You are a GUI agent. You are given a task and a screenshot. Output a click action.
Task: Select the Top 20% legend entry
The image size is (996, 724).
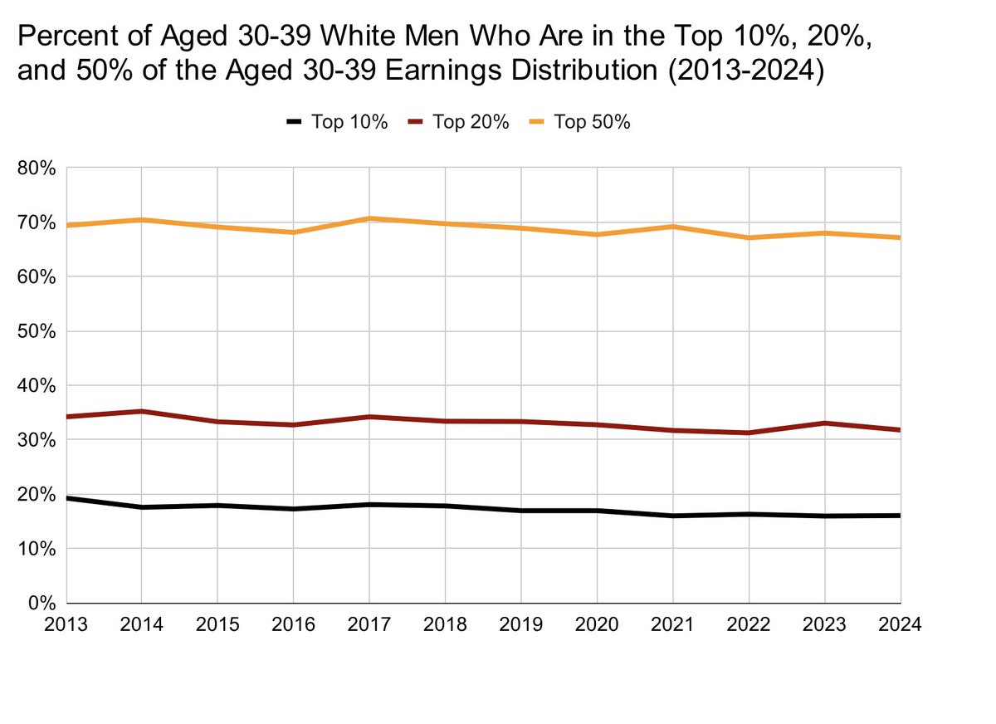pos(459,122)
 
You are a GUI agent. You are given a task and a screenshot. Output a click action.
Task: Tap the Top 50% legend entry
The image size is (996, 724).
pos(580,122)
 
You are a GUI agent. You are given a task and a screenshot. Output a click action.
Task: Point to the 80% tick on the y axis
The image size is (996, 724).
pos(37,169)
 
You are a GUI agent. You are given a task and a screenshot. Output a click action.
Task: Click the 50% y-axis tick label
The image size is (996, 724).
pos(37,331)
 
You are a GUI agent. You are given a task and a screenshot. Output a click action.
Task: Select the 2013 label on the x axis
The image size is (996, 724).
pos(66,624)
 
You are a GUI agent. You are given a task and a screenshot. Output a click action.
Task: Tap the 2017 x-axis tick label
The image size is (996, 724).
pos(369,624)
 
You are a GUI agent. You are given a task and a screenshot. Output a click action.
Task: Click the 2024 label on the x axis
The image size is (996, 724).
pos(900,624)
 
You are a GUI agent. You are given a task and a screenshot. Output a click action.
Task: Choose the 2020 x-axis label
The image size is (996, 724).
pos(597,624)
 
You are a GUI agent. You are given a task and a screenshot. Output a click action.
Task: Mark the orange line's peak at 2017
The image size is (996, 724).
pos(369,218)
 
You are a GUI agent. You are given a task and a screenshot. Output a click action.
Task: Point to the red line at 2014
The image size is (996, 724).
pos(142,411)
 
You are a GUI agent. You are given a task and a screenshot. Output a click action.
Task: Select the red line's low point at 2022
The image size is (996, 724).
pos(749,433)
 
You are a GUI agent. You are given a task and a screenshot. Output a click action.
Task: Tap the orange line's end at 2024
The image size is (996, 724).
pos(899,237)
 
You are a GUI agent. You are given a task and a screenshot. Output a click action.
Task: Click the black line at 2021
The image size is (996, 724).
pos(672,516)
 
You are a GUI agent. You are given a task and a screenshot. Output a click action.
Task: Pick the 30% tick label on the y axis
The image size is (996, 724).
pos(37,440)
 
